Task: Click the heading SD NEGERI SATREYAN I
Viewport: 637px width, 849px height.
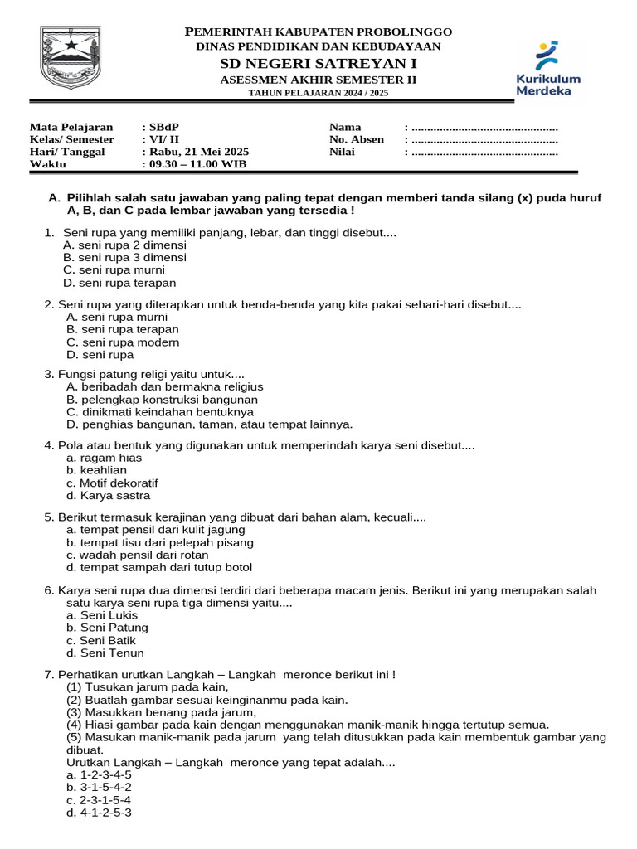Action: coord(318,64)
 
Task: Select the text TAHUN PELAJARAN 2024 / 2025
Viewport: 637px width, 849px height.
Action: coord(318,93)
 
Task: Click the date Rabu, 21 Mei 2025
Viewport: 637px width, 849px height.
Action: coord(197,152)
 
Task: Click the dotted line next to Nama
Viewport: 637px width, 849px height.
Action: coord(484,127)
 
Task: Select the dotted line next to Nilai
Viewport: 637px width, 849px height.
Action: coord(484,152)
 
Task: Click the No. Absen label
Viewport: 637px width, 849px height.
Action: coord(357,139)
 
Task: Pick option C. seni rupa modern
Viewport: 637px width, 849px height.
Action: coord(123,342)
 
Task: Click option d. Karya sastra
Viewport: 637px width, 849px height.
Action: coord(109,496)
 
